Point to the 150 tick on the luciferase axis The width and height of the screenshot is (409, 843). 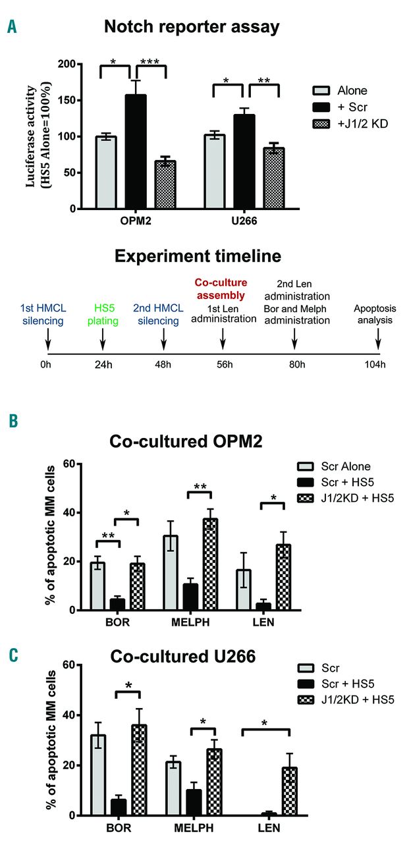click(82, 100)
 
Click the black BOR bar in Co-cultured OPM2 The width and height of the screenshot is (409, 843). click(117, 605)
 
